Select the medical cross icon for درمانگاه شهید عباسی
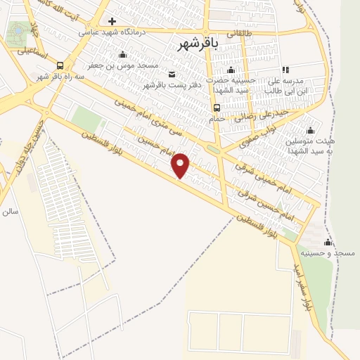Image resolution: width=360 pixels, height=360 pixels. click(x=112, y=21)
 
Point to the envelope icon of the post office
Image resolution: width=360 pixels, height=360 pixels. click(x=172, y=74)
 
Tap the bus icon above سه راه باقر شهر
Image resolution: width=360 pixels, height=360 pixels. click(x=60, y=65)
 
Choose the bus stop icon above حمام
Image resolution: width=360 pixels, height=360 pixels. click(x=217, y=108)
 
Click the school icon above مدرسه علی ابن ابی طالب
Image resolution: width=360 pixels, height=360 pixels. click(x=285, y=70)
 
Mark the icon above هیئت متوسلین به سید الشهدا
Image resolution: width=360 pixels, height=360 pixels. click(x=310, y=130)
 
